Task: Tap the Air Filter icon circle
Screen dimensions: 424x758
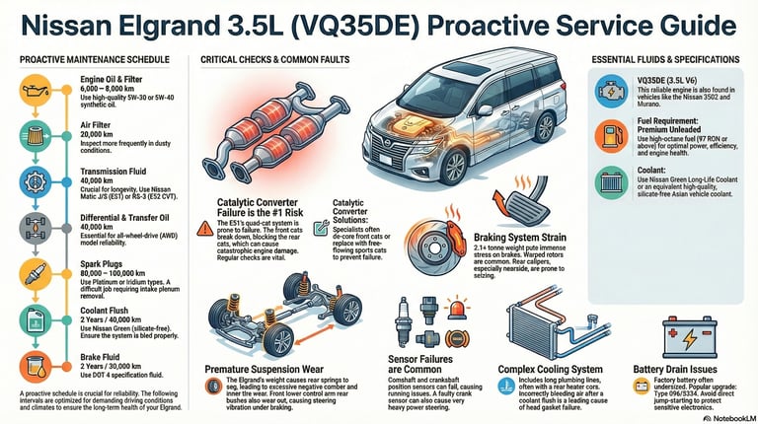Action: point(34,138)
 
